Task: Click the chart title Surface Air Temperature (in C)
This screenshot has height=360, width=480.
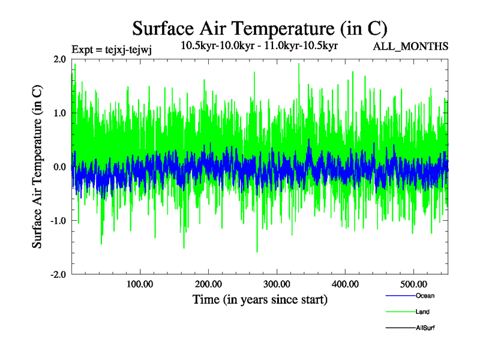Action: pos(259,28)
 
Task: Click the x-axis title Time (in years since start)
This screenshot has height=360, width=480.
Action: pos(260,299)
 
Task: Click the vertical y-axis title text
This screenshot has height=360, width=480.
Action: pos(37,167)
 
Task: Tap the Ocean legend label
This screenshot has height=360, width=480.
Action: pos(425,296)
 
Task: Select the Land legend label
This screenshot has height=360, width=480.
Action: pos(422,312)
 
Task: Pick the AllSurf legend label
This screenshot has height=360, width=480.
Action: pos(425,328)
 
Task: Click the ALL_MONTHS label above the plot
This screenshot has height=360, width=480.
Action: pos(410,47)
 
